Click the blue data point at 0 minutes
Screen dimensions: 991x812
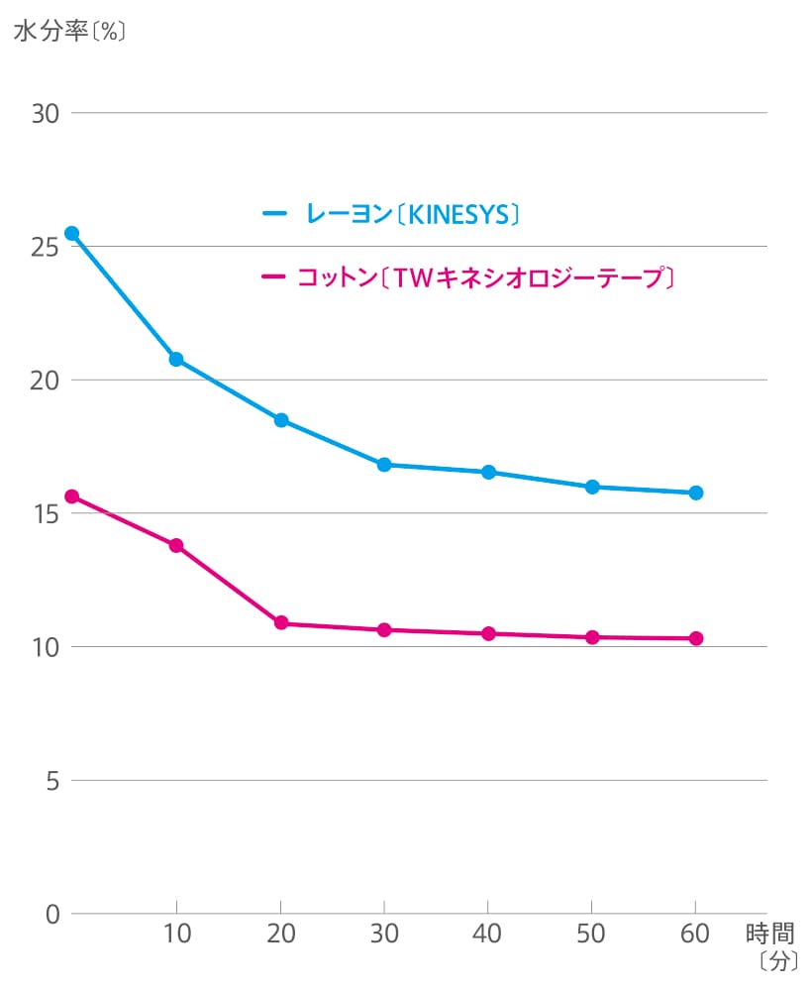71,234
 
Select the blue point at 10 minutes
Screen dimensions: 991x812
176,359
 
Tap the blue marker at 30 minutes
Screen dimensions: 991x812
384,465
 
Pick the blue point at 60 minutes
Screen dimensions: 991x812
696,493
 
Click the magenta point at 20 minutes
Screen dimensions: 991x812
281,623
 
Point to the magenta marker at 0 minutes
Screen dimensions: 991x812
71,496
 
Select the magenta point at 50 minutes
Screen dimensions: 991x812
592,637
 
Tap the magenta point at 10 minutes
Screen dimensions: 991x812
176,545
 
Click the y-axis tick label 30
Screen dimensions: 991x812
46,113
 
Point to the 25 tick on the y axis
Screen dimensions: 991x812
46,247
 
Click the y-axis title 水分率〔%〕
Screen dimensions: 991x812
69,30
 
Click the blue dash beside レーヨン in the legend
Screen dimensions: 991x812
273,213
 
